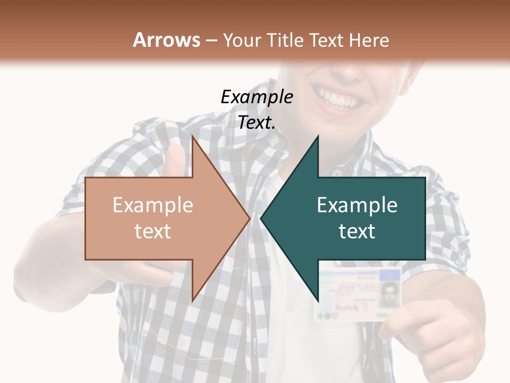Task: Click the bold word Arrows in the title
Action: click(x=167, y=40)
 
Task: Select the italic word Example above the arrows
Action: click(x=257, y=97)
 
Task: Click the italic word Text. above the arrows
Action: click(x=257, y=122)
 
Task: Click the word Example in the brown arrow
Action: click(x=153, y=205)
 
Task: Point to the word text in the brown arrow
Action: click(x=153, y=231)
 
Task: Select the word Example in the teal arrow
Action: click(x=357, y=205)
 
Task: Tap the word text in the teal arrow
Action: click(x=357, y=231)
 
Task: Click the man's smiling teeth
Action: click(x=337, y=99)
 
